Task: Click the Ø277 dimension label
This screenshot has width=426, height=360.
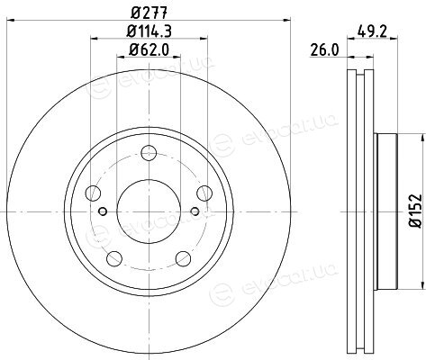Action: coord(149,13)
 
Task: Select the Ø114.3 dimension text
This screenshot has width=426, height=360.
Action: coord(150,31)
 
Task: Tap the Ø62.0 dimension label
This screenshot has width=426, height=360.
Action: coord(149,49)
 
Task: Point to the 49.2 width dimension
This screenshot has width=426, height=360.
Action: coord(372,31)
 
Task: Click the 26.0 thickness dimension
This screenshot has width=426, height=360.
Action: coord(324,49)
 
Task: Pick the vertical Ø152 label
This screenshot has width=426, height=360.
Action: coord(416,211)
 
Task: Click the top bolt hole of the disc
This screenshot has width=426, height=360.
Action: coord(149,153)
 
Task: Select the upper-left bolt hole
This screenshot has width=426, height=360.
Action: coord(93,193)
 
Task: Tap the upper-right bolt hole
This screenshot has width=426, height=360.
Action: coord(204,193)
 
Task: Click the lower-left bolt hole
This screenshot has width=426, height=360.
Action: coord(114,258)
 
